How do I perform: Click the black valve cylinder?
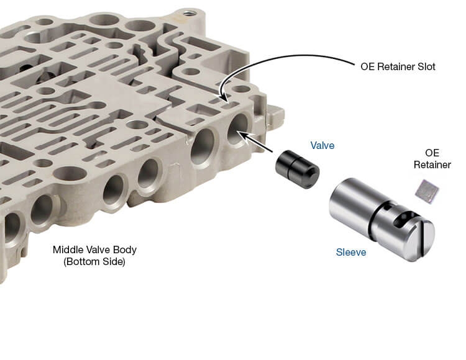point(297,170)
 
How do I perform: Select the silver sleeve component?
point(382,218)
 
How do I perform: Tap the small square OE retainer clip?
point(427,192)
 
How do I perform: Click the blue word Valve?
point(322,145)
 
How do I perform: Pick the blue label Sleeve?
point(351,252)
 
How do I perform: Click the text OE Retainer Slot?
point(398,66)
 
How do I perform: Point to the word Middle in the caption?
point(67,250)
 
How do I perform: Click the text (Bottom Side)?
point(94,262)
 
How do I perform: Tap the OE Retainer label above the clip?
point(432,159)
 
